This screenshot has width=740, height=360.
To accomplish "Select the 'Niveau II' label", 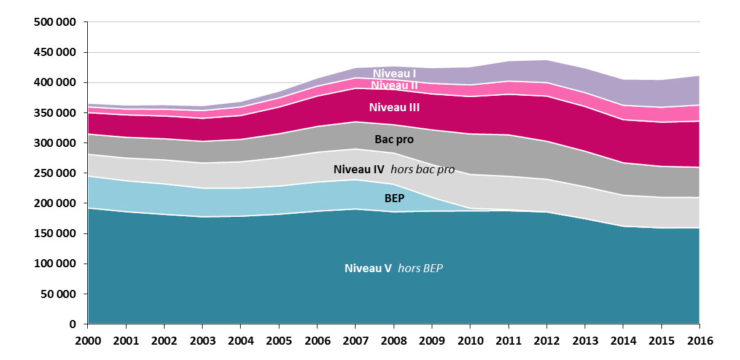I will (395, 85).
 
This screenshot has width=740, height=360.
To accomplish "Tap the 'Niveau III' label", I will (394, 108).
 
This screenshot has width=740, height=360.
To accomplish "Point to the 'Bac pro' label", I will (394, 140).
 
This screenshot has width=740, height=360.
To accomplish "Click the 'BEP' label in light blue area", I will (394, 199).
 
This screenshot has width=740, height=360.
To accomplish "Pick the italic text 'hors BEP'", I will (420, 268).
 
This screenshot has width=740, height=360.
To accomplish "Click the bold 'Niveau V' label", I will (368, 268).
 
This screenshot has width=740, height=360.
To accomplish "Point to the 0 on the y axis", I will (71, 324).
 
